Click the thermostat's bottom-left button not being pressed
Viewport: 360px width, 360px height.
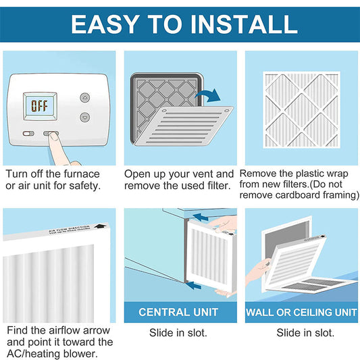(28, 134)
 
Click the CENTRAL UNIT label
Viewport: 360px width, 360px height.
(179, 312)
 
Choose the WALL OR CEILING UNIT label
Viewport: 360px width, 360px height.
(301, 312)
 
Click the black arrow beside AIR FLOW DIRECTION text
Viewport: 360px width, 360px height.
(100, 229)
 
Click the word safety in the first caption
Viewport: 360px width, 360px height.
(85, 186)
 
